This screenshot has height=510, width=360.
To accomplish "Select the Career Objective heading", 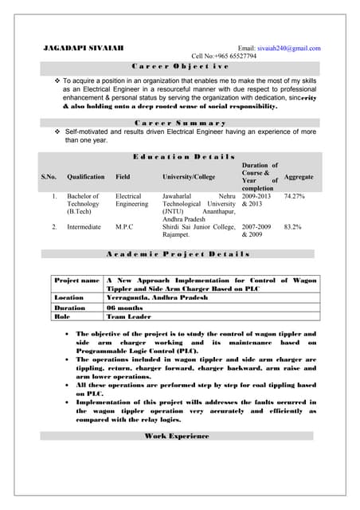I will [x=180, y=68].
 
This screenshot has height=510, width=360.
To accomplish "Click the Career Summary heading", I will [x=180, y=123].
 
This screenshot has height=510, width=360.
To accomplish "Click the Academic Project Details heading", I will [x=178, y=254].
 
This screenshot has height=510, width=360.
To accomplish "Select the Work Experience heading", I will [x=177, y=436].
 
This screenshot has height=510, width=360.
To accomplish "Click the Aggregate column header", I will [x=299, y=176].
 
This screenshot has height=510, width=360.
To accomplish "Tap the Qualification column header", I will [x=86, y=176].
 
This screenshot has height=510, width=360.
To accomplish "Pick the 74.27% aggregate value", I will [x=295, y=196].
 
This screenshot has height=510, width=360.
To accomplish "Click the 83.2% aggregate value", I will [x=292, y=227].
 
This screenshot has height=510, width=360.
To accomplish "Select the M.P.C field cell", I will [x=124, y=227].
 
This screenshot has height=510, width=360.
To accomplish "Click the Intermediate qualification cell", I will [x=84, y=227].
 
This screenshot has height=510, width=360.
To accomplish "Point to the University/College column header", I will [x=189, y=176].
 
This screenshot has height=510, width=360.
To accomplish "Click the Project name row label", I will [x=76, y=281].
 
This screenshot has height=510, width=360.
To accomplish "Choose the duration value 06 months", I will [x=124, y=307].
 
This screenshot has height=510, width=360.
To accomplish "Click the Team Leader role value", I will [x=130, y=316].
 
